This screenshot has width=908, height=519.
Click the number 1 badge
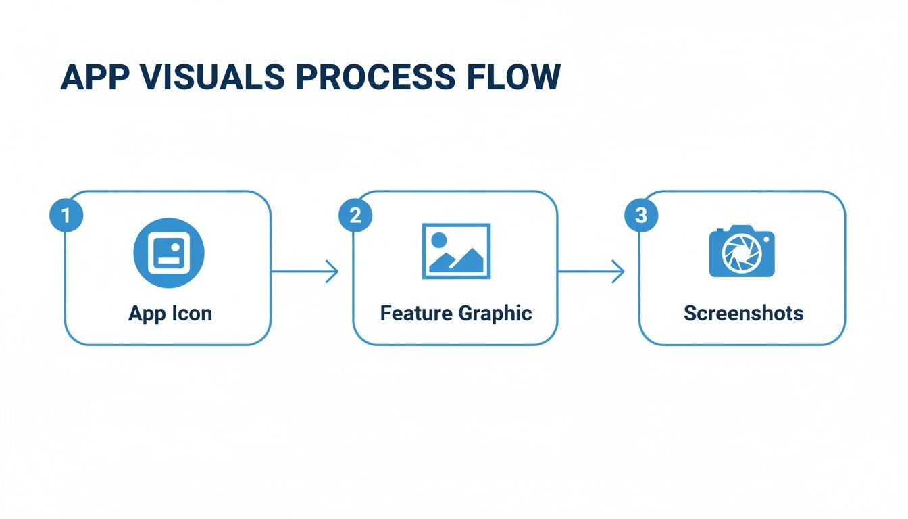coord(66,216)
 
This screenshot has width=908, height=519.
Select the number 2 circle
coord(355,216)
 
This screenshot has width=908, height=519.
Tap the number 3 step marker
coord(641,216)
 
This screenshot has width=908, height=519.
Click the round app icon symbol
coord(168,253)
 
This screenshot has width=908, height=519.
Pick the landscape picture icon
coord(456,251)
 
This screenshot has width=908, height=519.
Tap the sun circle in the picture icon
coord(439,239)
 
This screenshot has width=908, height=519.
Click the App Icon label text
coord(170,314)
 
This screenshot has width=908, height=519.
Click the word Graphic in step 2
coord(495,314)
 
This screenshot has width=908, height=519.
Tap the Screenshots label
coord(743,314)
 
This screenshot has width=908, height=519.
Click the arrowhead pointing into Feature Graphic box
coord(332,272)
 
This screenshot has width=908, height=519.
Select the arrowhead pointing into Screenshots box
coord(618,272)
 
